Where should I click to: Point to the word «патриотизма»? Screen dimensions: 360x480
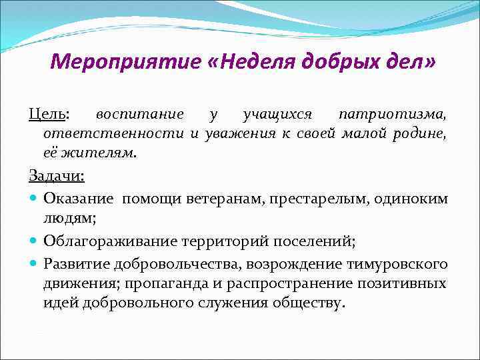[x=393, y=115]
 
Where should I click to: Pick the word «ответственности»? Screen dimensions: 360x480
[x=114, y=133]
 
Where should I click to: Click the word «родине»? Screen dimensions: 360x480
[x=423, y=133]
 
